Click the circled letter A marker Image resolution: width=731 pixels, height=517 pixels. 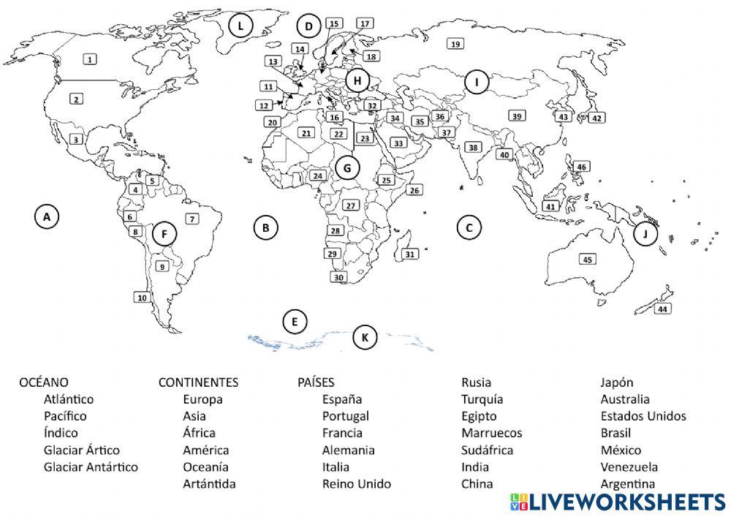[46, 216]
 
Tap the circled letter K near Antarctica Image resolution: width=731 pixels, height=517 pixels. [365, 337]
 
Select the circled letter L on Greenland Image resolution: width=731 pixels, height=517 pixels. [240, 26]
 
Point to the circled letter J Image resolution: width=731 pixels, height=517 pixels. [645, 234]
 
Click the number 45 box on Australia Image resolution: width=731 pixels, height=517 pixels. [587, 259]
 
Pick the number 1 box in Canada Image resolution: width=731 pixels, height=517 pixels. [89, 59]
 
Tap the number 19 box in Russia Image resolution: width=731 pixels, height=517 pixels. [455, 44]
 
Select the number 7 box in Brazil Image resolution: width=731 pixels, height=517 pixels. [192, 218]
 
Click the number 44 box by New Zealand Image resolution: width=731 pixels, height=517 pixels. [662, 309]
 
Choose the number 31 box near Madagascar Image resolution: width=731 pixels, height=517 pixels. [410, 254]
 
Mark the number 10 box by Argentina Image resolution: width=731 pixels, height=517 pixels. [142, 297]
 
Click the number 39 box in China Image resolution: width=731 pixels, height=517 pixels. [517, 116]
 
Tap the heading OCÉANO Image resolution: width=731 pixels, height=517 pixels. [44, 382]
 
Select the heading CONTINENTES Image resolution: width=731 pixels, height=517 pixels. [198, 382]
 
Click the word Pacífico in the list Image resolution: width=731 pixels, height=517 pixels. [64, 416]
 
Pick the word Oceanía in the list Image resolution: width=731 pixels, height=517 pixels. [205, 467]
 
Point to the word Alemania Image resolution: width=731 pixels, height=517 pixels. [348, 450]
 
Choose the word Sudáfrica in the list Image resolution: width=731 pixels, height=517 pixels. [487, 450]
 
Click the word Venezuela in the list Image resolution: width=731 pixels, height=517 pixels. [629, 467]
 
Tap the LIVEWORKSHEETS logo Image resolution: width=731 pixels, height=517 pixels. [618, 502]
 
